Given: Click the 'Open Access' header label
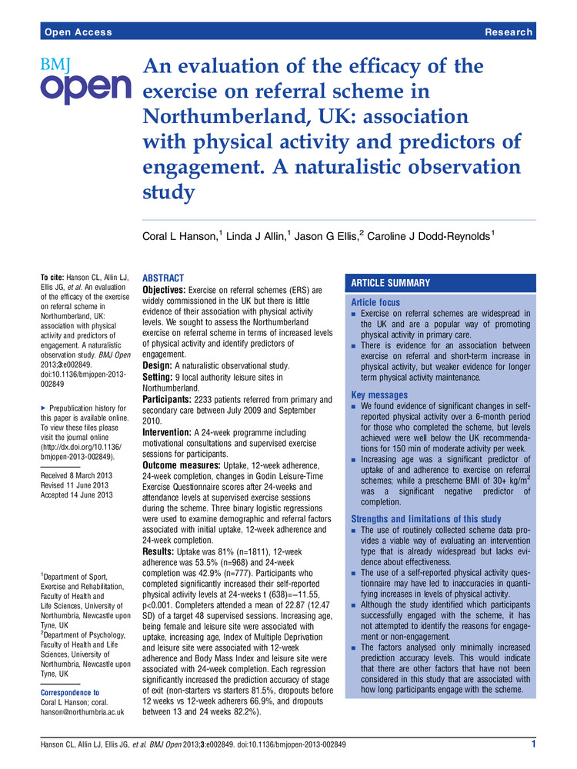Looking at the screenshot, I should (78, 32).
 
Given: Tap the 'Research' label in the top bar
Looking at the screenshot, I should (509, 32).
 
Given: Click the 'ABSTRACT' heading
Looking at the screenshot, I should (164, 278).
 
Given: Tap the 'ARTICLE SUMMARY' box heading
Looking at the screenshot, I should (391, 282).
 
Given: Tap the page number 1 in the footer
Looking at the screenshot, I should (533, 744).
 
